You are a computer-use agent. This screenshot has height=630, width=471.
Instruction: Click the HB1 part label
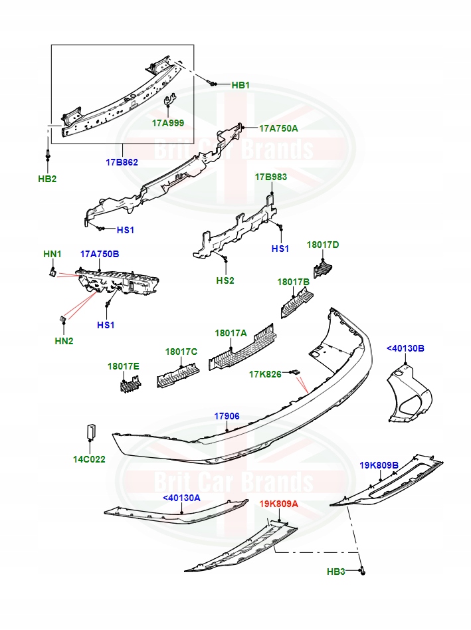240,85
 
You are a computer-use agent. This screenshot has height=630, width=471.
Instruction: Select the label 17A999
167,123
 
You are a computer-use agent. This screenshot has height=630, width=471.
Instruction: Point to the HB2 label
47,179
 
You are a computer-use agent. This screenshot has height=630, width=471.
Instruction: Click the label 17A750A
278,128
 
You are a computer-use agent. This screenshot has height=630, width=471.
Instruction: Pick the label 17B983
271,177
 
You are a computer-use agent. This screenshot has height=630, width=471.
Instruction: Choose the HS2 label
225,280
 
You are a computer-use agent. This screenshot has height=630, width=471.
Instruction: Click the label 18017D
323,245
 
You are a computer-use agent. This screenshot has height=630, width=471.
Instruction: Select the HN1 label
52,254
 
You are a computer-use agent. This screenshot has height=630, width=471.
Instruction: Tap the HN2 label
63,341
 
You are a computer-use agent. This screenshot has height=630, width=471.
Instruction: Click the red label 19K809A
278,504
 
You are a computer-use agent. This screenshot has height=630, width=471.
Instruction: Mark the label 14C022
89,459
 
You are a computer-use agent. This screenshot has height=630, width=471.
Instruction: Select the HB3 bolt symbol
363,571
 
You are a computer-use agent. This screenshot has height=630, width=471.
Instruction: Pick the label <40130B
405,348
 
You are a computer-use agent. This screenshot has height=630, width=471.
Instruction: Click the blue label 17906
227,416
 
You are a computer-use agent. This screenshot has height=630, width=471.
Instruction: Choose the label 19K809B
379,465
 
